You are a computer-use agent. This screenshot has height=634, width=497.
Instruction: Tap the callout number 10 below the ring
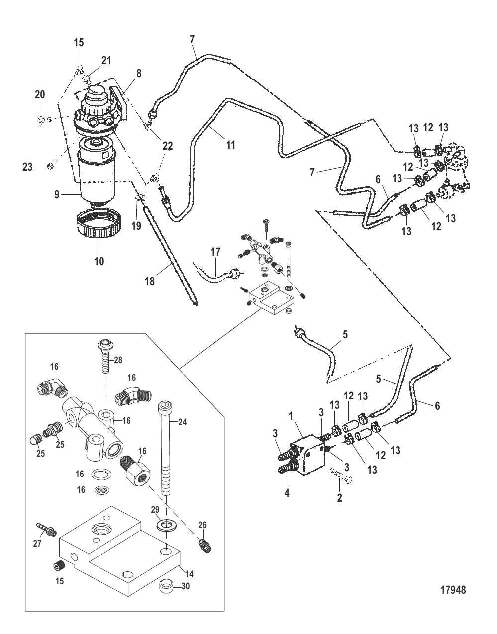[x=99, y=260]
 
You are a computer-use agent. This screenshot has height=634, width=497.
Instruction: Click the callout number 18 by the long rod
[x=150, y=281]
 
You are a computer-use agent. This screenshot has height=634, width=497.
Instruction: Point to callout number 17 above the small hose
[x=214, y=253]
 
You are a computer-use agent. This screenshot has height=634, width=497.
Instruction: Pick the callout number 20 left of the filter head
[x=40, y=94]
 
